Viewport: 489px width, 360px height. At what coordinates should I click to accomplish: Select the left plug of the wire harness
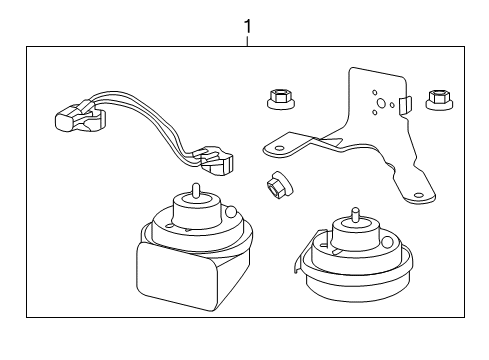coord(72,117)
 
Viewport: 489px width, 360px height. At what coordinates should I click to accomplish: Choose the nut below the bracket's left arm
coord(277,185)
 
